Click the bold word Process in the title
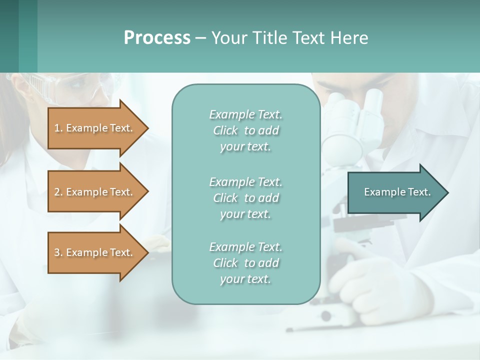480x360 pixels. tap(157, 38)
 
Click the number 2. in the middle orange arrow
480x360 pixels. tap(58, 192)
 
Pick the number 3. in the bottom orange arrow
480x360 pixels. tap(58, 252)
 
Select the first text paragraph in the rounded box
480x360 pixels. tap(245, 130)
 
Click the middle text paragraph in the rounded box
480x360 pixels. tap(245, 198)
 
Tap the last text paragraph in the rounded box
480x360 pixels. tap(245, 263)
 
